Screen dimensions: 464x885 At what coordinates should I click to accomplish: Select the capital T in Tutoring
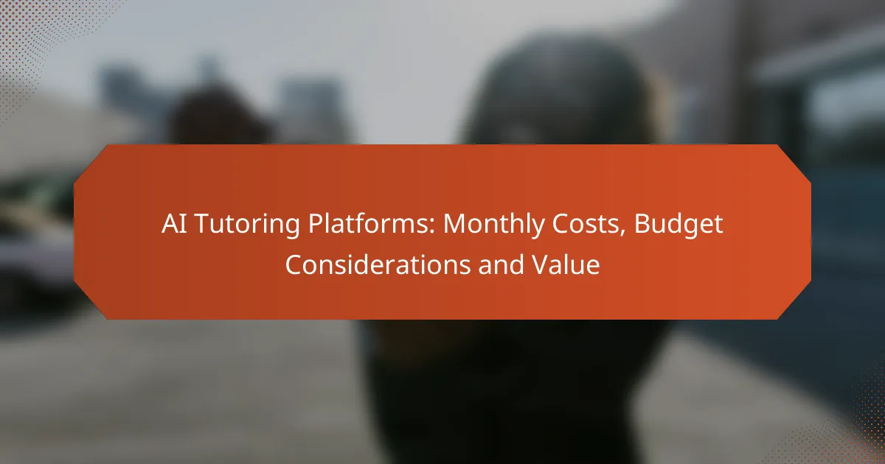click(x=195, y=225)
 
